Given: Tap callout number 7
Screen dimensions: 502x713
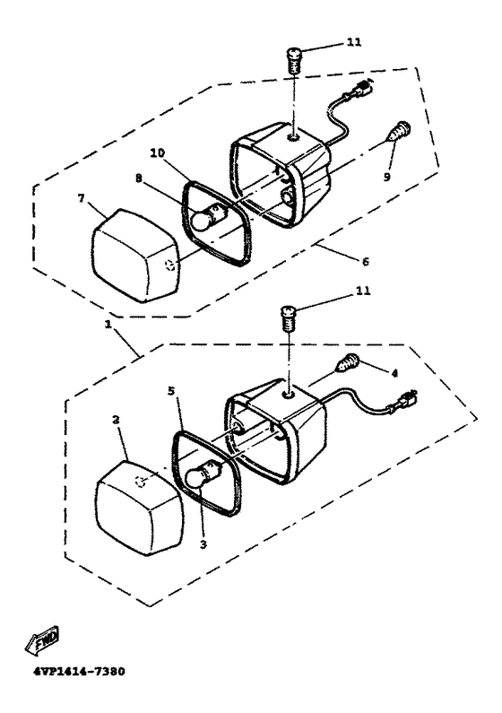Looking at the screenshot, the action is tap(81, 198).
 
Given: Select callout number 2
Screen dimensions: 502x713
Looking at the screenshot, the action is tap(116, 419).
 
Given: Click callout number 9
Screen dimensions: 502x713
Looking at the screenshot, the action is tap(386, 177).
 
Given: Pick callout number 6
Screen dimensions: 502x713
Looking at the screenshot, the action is tap(365, 261).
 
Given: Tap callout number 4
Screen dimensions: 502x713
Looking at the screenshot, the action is tap(394, 373).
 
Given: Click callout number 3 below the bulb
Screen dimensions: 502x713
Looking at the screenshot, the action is tap(203, 543).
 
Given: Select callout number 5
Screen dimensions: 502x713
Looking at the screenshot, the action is tap(171, 391).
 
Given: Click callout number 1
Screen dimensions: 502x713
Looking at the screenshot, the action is tap(108, 326).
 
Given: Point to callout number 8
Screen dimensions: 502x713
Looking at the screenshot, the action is tap(139, 178).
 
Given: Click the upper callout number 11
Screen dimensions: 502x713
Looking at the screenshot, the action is tap(354, 42).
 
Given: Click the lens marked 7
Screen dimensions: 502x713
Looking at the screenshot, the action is tap(136, 256).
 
